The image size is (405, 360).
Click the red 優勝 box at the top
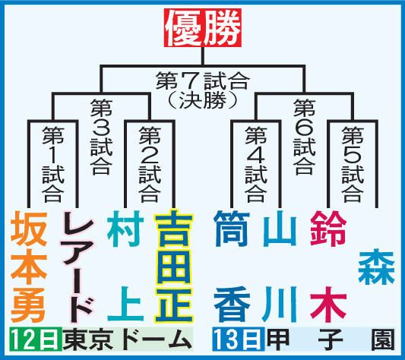203,28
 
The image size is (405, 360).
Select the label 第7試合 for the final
203,81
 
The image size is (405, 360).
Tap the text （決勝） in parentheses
203,100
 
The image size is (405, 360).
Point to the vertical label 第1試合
53,164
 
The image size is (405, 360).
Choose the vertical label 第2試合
150,164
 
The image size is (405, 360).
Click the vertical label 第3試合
102,137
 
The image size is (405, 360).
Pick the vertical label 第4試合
256,164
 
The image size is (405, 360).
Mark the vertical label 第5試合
353,164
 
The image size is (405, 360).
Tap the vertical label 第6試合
304,137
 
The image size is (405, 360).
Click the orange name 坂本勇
29,267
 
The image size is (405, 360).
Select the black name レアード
77,267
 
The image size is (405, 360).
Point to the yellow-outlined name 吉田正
173,266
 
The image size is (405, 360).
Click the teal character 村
126,229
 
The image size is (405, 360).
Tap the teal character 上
126,304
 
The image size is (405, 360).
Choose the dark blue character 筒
232,229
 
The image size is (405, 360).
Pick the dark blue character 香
232,305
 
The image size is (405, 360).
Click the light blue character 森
377,267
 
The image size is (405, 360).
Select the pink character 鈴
328,229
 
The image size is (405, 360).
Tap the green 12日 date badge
36,339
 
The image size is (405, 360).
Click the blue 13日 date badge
239,339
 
